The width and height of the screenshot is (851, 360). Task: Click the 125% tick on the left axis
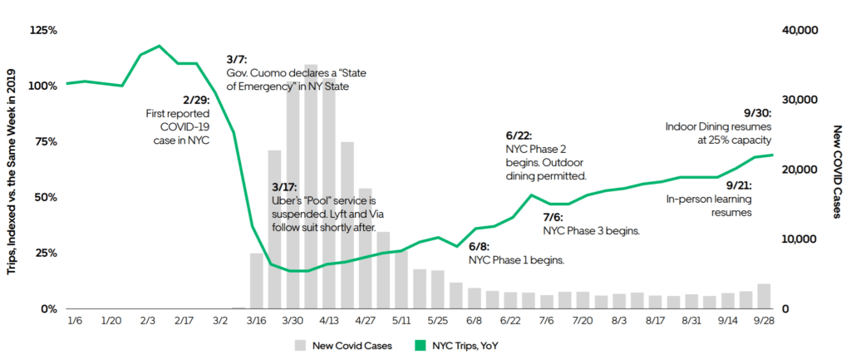42,30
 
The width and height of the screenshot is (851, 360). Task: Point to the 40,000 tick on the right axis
801,30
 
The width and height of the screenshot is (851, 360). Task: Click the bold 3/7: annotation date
237,60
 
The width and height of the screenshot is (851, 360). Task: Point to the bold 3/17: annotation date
284,187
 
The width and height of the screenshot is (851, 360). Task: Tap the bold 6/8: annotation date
479,247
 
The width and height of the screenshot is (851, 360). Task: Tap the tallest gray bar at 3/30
311,183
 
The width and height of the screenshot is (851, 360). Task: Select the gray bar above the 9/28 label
764,296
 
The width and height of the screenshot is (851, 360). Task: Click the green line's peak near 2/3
160,46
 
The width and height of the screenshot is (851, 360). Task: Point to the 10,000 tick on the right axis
801,239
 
